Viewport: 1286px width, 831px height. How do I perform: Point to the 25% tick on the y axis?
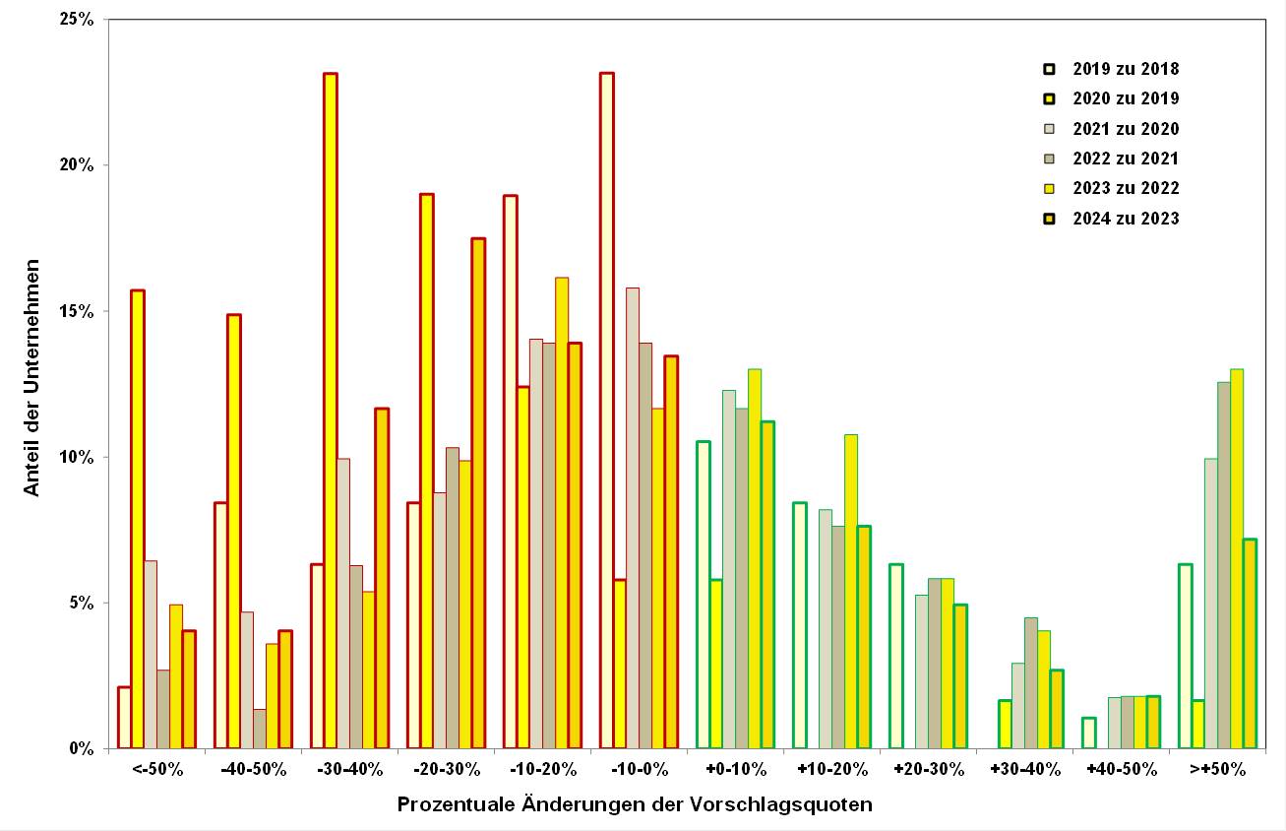point(79,20)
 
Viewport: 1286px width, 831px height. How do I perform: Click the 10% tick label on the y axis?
point(79,458)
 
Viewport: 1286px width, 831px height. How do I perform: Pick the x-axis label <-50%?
point(157,769)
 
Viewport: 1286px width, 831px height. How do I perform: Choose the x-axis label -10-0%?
point(640,769)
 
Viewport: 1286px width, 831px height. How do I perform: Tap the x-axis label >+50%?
point(1218,769)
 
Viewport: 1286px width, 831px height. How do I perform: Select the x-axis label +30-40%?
point(1025,769)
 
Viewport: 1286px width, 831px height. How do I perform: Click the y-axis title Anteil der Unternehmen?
point(32,377)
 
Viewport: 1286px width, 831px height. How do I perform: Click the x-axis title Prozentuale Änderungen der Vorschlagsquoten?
point(635,804)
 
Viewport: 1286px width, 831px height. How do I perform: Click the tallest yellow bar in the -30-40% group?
point(331,411)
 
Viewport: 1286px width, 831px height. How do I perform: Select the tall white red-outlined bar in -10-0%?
point(607,411)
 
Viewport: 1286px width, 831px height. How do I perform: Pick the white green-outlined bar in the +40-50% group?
point(1089,734)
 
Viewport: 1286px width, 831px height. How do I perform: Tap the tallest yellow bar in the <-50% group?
point(138,519)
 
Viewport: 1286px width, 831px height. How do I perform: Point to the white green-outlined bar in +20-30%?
point(896,656)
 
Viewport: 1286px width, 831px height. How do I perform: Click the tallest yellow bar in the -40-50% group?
point(234,532)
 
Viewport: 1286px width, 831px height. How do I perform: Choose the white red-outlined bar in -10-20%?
point(511,472)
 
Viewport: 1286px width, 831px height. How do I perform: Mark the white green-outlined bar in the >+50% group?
point(1186,656)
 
